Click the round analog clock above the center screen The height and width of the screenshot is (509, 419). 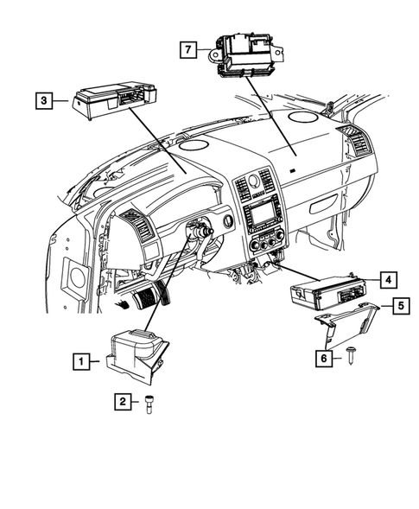pyautogui.click(x=254, y=181)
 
